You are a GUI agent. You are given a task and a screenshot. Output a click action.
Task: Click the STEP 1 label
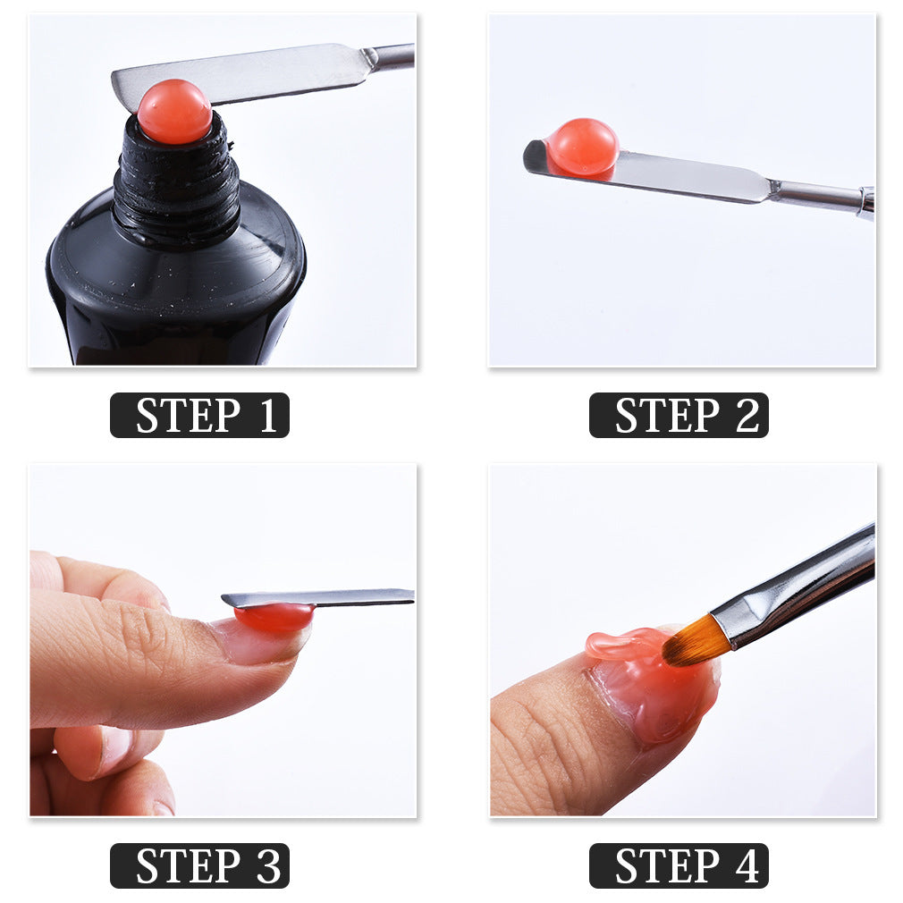click(199, 416)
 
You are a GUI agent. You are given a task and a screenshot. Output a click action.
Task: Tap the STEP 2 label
click(679, 416)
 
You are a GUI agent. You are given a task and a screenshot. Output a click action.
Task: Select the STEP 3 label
click(199, 865)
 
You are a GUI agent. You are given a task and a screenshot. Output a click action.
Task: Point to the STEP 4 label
click(679, 865)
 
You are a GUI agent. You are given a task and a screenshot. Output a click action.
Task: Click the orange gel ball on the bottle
click(174, 112)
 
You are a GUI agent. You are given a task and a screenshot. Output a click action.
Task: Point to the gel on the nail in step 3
click(274, 618)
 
